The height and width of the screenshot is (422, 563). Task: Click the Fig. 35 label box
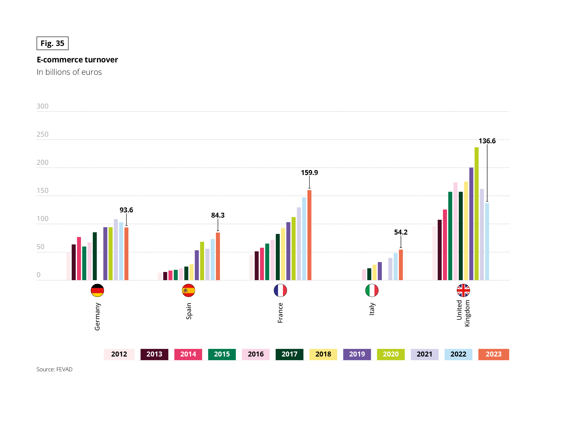(x=52, y=43)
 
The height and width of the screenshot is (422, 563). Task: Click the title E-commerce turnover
(x=77, y=60)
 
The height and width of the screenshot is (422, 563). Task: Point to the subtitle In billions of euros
(x=69, y=72)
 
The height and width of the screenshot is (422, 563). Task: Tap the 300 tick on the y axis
(x=42, y=106)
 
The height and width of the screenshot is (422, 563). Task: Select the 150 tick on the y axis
(x=42, y=191)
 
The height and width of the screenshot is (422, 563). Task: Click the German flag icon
(x=97, y=291)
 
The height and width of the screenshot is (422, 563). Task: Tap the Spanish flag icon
(x=189, y=291)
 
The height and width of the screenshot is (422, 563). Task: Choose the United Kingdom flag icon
(x=463, y=291)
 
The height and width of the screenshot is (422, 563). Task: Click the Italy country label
(x=372, y=309)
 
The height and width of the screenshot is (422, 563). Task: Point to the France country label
(x=280, y=313)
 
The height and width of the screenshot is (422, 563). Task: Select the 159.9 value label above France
(x=309, y=173)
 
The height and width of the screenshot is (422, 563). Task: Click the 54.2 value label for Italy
(x=401, y=232)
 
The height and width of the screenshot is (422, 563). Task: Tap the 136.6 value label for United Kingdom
(x=487, y=141)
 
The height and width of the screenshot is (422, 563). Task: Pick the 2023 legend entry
(x=493, y=354)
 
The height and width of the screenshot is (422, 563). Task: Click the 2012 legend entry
(x=119, y=354)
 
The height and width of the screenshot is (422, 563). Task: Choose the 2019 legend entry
(x=357, y=354)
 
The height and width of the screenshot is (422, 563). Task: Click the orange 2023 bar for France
(x=309, y=235)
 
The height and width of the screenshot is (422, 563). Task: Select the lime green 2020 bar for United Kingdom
(x=476, y=214)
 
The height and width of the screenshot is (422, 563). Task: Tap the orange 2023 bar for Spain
(x=218, y=256)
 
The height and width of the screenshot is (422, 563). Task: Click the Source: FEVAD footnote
(x=55, y=370)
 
